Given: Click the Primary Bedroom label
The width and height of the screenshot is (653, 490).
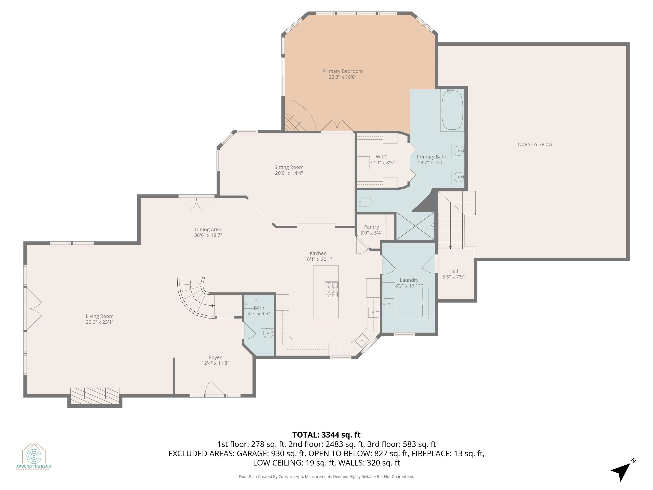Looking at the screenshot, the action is tap(342, 71).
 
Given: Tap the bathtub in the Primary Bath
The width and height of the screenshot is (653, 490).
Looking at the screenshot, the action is tap(452, 110).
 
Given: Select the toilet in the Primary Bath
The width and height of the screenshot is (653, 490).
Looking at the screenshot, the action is tap(365, 202).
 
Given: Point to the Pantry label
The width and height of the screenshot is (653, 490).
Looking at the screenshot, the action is tap(371, 227).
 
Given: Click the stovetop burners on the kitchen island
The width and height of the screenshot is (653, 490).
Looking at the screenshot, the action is tap(332, 290).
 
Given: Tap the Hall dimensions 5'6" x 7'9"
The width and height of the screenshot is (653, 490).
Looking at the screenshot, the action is tap(453, 277).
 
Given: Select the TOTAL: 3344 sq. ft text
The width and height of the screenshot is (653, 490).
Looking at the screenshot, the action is tap(326, 435).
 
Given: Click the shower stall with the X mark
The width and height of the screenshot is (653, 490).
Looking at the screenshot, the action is tap(415, 226).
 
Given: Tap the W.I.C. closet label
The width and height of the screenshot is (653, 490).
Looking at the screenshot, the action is tap(382, 157).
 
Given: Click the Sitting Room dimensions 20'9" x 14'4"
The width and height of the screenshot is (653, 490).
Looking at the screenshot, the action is tap(289, 173).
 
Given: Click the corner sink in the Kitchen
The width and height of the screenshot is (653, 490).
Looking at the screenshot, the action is tap(362, 341).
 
